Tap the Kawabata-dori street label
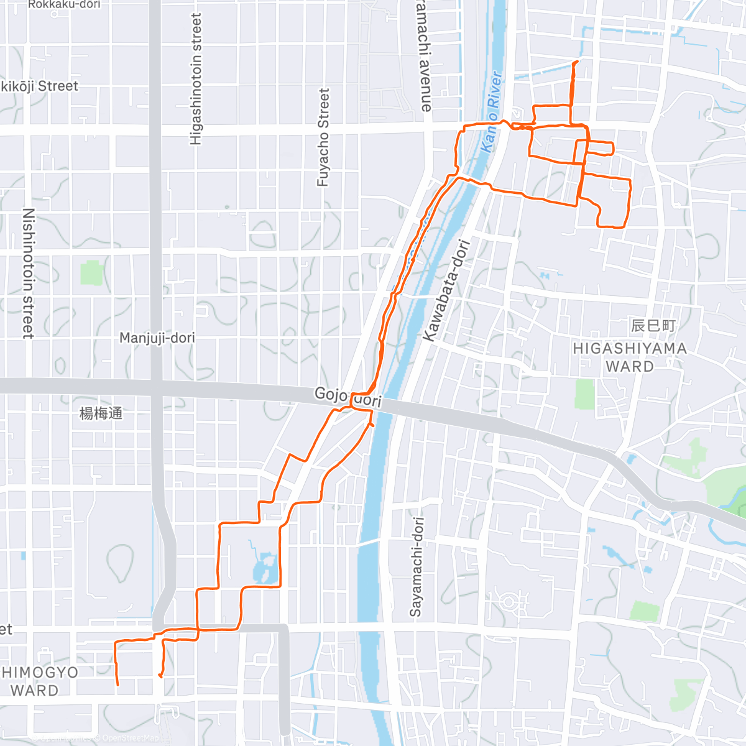click(447, 290)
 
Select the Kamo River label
click(490, 112)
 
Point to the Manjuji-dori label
click(157, 338)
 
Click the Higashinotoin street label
click(196, 80)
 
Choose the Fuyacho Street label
click(323, 137)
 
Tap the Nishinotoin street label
click(28, 273)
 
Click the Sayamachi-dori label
click(416, 566)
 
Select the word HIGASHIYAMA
click(630, 349)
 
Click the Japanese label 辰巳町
click(653, 326)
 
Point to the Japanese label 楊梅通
click(101, 413)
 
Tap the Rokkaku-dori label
click(64, 4)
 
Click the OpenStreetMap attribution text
click(130, 738)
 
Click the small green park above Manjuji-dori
click(91, 273)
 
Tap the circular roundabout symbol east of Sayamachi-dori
click(509, 601)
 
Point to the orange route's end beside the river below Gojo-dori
click(371, 425)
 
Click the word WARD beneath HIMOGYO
click(35, 691)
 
